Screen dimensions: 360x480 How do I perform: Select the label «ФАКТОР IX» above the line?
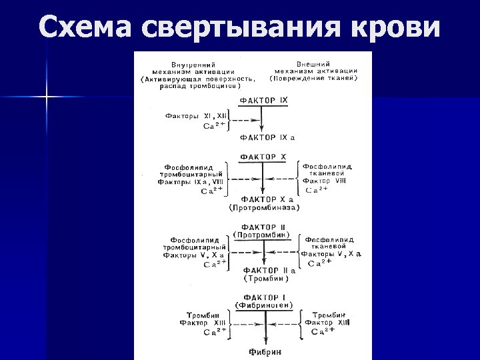263,100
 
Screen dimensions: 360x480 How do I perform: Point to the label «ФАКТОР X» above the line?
263,157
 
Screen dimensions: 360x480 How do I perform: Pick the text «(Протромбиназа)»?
265,207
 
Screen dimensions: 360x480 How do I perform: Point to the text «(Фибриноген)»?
264,305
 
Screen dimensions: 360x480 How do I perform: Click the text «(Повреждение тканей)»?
314,78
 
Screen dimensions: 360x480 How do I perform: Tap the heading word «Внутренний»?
186,63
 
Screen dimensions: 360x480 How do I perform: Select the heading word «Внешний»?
315,63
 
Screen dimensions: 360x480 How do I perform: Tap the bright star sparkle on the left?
47,98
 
